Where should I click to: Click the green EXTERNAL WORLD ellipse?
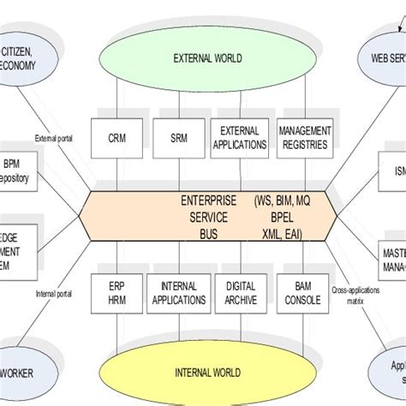pyautogui.click(x=207, y=58)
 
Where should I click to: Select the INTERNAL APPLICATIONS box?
pyautogui.click(x=178, y=293)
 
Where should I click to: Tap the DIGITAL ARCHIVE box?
pyautogui.click(x=241, y=293)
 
